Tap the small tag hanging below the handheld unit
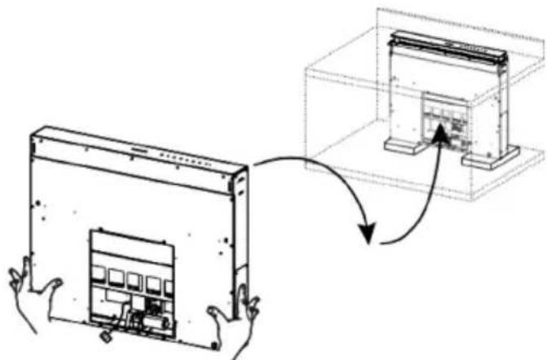[x=105, y=335]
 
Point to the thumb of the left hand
[x=52, y=286]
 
